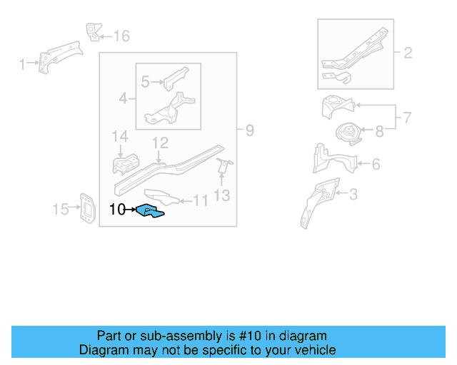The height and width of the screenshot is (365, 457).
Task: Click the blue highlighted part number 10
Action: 151,211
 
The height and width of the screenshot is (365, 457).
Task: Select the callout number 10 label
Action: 118,210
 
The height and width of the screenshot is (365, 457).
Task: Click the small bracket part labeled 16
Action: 92,32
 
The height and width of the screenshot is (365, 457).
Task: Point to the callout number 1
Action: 22,65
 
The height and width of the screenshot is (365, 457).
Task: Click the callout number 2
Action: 408,53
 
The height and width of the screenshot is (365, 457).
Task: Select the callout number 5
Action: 146,82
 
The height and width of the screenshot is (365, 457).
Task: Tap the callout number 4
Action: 124,98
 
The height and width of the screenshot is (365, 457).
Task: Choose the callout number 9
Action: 249,130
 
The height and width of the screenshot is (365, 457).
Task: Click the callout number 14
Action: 119,136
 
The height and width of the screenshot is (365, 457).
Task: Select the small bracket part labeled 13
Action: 224,167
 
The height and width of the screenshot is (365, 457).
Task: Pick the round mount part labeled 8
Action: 349,134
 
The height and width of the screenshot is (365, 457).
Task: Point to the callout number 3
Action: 352,194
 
